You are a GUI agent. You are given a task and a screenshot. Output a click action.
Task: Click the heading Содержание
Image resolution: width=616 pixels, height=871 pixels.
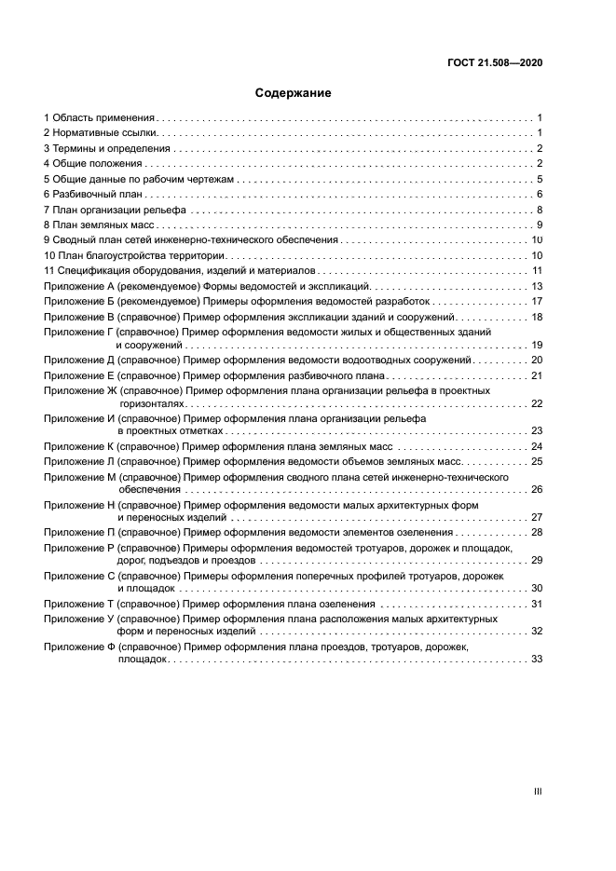(x=293, y=93)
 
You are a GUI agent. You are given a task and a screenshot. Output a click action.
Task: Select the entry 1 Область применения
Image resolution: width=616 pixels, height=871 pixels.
(x=99, y=118)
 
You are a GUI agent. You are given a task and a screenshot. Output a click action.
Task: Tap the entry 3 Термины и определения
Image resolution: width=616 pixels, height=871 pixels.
(x=107, y=149)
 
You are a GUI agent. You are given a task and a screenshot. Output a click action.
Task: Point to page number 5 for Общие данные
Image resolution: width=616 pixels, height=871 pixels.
(x=540, y=180)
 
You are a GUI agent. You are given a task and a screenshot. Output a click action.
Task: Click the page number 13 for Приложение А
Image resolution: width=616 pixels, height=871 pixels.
(x=537, y=286)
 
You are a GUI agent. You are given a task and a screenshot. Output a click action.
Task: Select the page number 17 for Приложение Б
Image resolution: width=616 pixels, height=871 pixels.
(x=537, y=302)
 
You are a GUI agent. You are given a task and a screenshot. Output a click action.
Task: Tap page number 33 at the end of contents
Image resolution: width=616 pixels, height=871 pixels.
(x=537, y=659)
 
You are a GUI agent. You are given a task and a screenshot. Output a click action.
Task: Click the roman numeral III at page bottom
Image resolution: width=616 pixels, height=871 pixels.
(x=538, y=791)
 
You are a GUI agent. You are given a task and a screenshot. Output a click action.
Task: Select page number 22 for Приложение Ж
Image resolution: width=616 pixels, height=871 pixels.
(x=537, y=403)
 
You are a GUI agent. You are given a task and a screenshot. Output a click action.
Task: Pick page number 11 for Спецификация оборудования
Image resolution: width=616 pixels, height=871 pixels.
(x=537, y=271)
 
